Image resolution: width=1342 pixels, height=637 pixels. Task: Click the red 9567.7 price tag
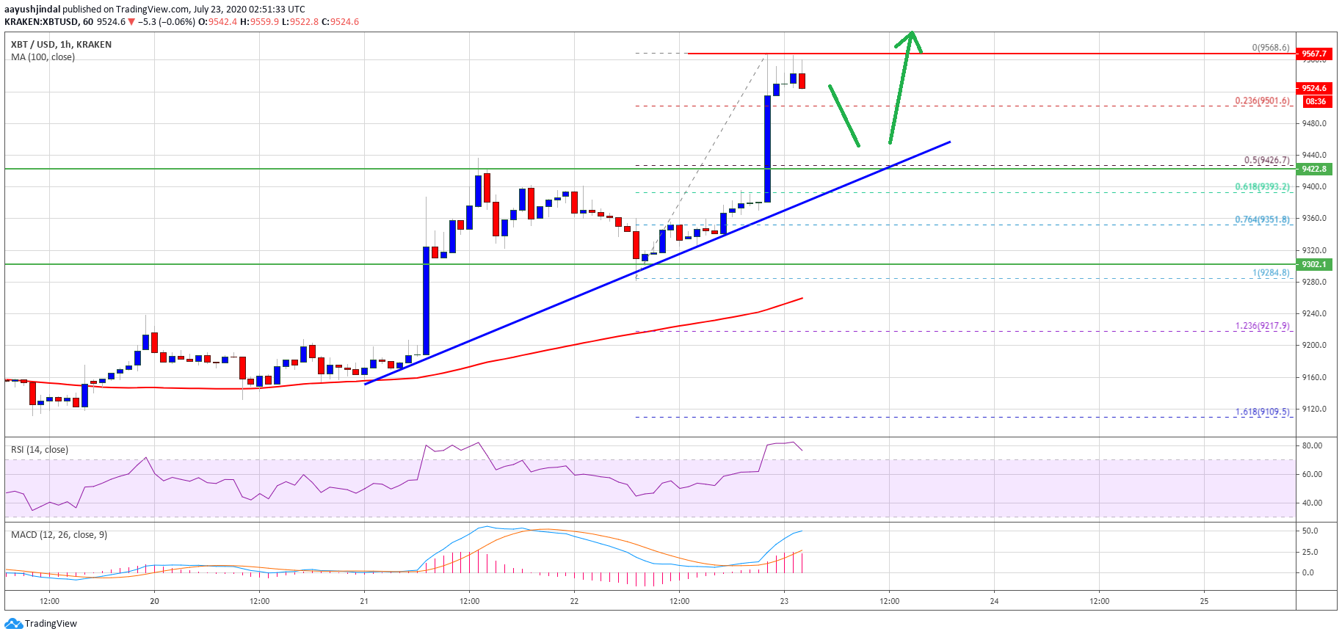point(1314,54)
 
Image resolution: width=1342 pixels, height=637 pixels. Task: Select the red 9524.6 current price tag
point(1314,88)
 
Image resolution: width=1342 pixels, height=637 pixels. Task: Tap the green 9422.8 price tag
point(1314,169)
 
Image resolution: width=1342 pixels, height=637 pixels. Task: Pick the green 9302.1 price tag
point(1314,264)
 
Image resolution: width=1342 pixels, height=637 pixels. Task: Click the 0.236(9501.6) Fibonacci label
point(1262,101)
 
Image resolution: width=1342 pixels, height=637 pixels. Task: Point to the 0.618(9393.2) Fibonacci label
point(1262,186)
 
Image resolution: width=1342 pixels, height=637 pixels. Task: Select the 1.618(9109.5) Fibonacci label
point(1262,412)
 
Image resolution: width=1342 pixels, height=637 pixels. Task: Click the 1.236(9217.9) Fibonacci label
point(1262,326)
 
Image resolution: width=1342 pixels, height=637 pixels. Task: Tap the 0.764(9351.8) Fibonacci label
point(1262,219)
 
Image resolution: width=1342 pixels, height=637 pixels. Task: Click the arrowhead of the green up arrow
point(911,35)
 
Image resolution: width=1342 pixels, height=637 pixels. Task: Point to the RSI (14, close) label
point(40,450)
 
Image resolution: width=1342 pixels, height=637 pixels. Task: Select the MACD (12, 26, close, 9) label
point(59,535)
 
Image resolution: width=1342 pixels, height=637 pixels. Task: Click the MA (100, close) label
point(43,57)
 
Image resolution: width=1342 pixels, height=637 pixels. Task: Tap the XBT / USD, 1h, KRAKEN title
point(61,45)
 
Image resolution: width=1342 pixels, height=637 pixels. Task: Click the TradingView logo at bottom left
point(41,624)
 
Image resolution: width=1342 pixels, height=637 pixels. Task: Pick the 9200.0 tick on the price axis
point(1314,345)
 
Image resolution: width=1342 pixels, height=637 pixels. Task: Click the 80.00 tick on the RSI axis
point(1312,445)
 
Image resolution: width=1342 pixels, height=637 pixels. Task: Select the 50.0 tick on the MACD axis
point(1310,531)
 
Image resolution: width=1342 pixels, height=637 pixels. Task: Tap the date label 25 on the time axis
point(1204,601)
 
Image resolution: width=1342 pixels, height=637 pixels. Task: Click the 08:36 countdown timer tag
point(1316,101)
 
